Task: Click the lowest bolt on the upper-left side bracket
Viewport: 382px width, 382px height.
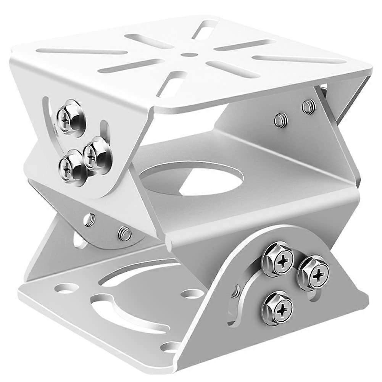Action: click(69, 166)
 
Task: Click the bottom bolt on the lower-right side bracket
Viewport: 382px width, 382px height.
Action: click(277, 308)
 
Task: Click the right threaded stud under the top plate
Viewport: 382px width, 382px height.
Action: click(308, 106)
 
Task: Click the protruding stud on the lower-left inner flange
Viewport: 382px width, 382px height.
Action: click(124, 233)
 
